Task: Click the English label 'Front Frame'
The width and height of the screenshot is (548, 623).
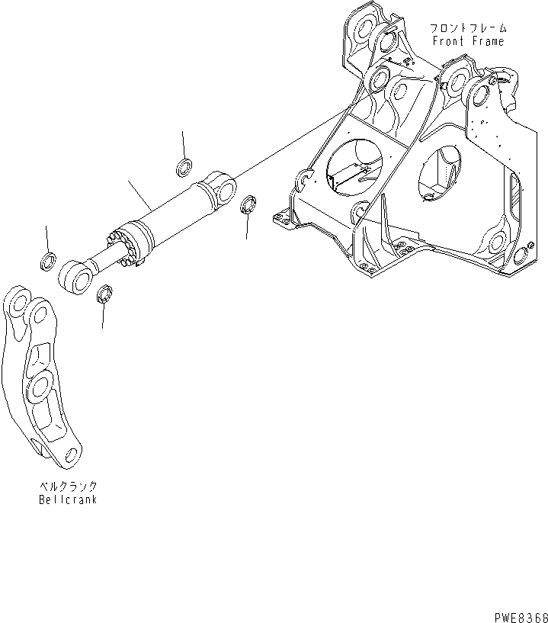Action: coord(468,41)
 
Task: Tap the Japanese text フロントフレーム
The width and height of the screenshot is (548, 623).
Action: coord(468,27)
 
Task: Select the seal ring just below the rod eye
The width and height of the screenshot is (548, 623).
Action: coord(104,292)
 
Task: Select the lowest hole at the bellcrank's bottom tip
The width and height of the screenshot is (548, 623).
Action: coord(71,457)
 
